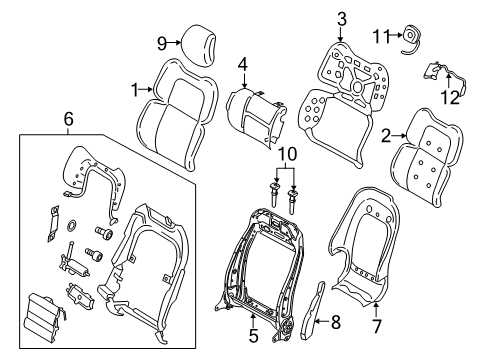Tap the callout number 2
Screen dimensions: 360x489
pyautogui.click(x=385, y=141)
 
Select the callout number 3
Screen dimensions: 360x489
pyautogui.click(x=342, y=17)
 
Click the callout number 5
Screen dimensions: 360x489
pyautogui.click(x=253, y=337)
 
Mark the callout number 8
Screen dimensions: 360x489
pyautogui.click(x=336, y=323)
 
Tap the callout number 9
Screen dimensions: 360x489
pyautogui.click(x=162, y=42)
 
